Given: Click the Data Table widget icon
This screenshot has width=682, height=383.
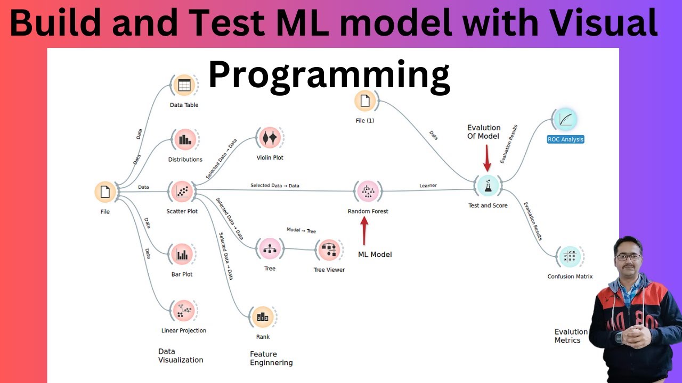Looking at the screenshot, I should point(184,85).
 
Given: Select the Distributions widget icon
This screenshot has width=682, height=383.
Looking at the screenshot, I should point(185,140).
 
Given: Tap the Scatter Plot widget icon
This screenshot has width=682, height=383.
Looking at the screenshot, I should point(182,191).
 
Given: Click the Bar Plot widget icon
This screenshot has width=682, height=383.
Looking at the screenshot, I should point(183,255).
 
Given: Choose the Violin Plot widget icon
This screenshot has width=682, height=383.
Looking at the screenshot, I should point(270,138).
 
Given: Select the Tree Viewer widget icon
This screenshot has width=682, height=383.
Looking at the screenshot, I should point(329,250).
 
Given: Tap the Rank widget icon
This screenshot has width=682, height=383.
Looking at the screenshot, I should point(263,317).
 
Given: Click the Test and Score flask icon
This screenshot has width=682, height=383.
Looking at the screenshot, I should point(488,185).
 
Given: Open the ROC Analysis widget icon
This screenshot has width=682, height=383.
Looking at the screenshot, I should point(565,119).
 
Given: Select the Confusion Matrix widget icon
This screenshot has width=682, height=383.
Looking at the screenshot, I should point(570,257).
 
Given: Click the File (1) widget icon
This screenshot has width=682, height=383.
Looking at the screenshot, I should point(365,101).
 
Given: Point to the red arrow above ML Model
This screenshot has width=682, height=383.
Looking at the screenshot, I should point(365,230).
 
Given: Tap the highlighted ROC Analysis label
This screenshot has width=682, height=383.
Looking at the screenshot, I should point(565,139).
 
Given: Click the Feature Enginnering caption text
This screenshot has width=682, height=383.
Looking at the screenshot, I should point(271,358).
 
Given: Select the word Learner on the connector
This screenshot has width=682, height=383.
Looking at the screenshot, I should point(428,186).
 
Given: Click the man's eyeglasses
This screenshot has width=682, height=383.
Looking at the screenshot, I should point(628,257).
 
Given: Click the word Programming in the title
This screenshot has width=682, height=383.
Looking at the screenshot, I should point(329,75).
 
